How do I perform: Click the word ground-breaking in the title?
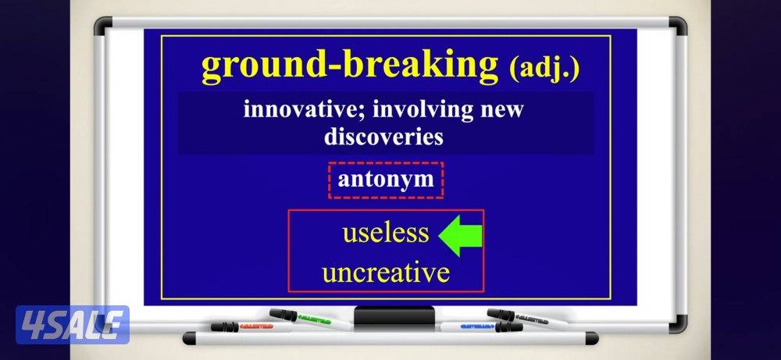click(350, 66)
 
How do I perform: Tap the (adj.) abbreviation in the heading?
click(544, 69)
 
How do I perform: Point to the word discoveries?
click(383, 137)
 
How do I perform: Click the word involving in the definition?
click(423, 109)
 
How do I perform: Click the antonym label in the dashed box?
click(386, 180)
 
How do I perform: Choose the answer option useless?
click(386, 232)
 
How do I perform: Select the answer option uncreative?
click(386, 273)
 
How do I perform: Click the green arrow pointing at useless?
click(459, 236)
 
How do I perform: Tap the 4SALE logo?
click(72, 325)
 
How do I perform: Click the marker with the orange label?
click(249, 326)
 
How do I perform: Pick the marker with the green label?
click(310, 319)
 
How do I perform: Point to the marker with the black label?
click(528, 319)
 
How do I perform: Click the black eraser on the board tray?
click(394, 317)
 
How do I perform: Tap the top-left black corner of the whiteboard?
click(102, 26)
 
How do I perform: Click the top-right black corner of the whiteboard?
click(677, 26)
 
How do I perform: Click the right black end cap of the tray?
click(592, 338)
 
